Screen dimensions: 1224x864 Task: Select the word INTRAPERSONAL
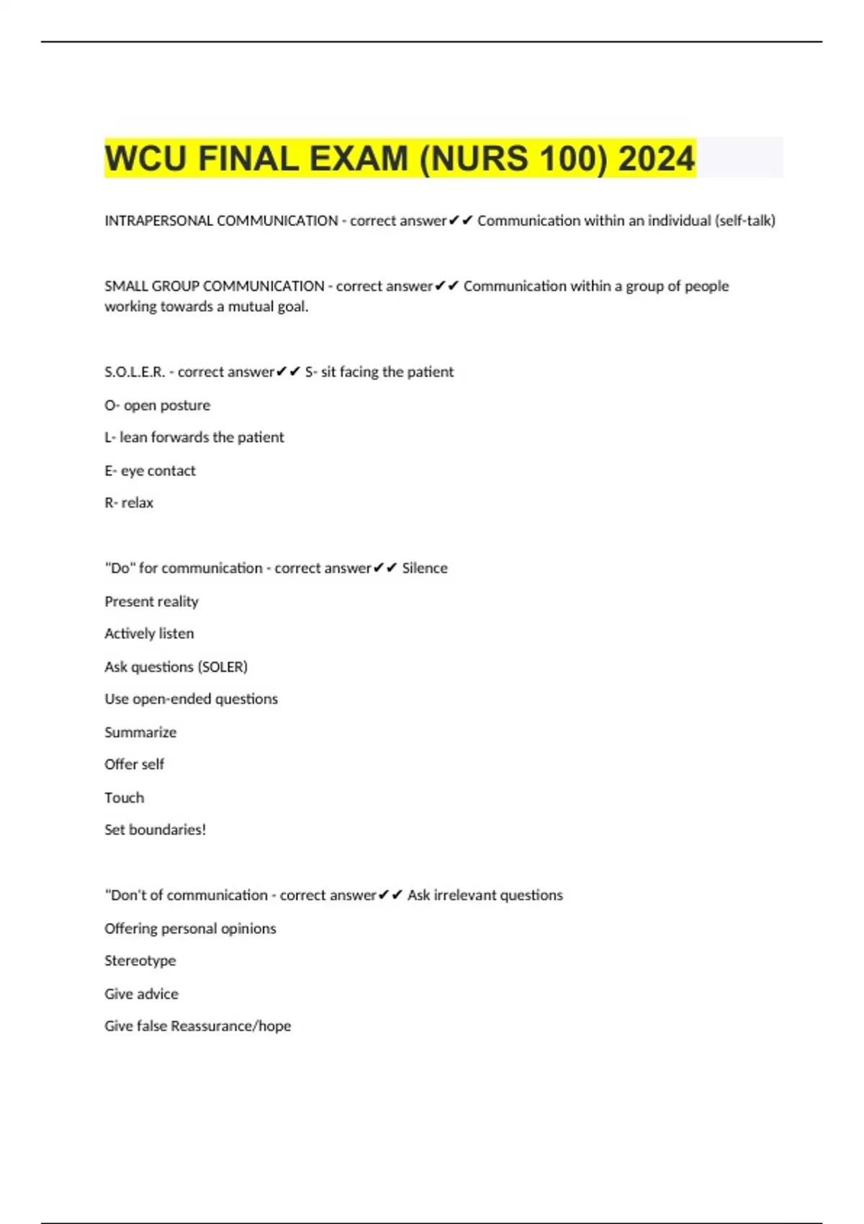[x=159, y=221]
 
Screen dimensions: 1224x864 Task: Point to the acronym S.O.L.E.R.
[x=135, y=372]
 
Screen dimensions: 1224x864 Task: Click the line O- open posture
[x=157, y=405]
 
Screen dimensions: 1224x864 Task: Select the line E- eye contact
[x=150, y=471]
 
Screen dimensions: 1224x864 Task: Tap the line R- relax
[x=129, y=503]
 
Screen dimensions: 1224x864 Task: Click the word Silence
[x=424, y=568]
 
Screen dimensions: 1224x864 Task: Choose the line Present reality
[x=151, y=601]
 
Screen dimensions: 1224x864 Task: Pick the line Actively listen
[x=149, y=634]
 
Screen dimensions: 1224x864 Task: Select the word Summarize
[x=140, y=732]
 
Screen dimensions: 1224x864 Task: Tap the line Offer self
[x=134, y=764]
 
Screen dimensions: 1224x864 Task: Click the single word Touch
[x=124, y=798]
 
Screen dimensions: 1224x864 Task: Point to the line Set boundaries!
[x=155, y=829]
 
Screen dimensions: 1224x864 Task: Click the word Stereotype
[x=140, y=960]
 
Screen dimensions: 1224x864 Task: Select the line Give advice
[x=141, y=994]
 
